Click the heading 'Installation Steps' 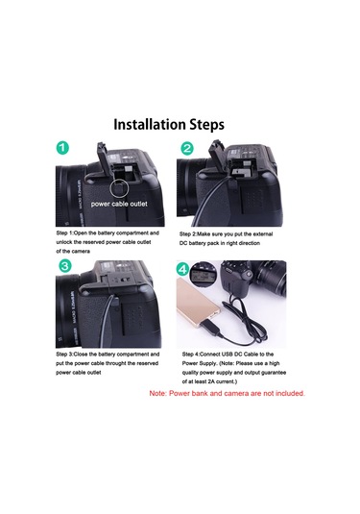pos(169,125)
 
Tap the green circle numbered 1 pos(62,148)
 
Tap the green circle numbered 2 pos(186,149)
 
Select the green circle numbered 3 pos(65,265)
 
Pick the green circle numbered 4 pos(182,270)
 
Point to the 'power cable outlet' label pos(119,204)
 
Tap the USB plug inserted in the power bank pos(214,330)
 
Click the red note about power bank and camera pos(227,393)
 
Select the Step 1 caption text pos(108,242)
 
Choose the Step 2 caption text pos(226,238)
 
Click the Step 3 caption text pos(108,363)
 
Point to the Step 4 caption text pos(234,368)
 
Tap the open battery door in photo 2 pos(217,157)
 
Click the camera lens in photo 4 pos(270,278)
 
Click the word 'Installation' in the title pos(150,125)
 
